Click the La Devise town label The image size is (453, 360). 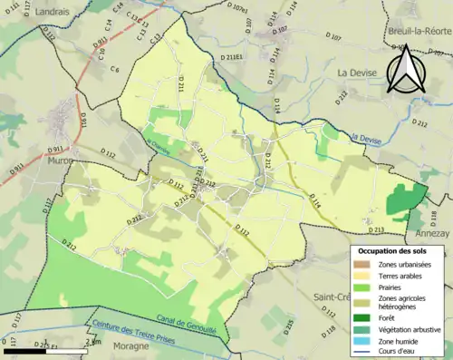[x=356, y=72]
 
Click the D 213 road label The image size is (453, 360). [x=378, y=230]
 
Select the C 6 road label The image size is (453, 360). [x=115, y=70]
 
